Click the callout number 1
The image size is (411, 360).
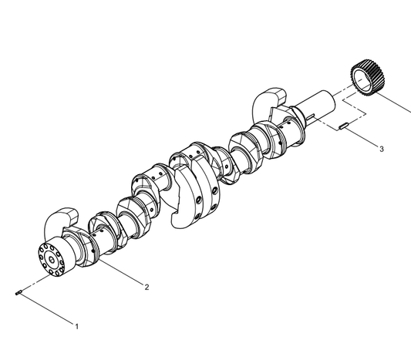[x=77, y=326]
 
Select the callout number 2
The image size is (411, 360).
[x=147, y=288]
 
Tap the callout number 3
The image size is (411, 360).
[x=382, y=149]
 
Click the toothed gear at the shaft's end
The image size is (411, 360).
[x=365, y=78]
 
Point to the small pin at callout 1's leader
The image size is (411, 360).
[x=19, y=292]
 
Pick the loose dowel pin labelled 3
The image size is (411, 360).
[x=342, y=126]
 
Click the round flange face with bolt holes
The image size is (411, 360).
[x=52, y=260]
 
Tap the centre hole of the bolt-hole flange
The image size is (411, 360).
[x=52, y=260]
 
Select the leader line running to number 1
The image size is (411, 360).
[x=47, y=309]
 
